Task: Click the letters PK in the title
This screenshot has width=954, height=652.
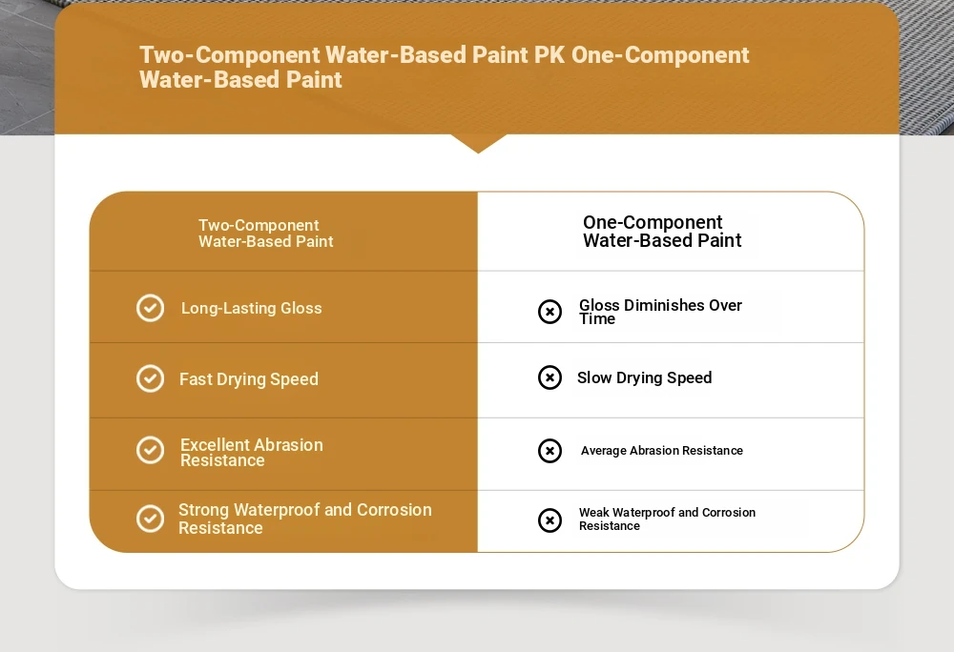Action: [x=550, y=55]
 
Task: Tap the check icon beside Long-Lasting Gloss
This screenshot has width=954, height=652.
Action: [x=150, y=308]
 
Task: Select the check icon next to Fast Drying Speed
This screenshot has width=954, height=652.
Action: [x=150, y=378]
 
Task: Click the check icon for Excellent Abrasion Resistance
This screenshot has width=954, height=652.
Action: [x=150, y=450]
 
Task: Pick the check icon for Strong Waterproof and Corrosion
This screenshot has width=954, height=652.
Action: [x=150, y=519]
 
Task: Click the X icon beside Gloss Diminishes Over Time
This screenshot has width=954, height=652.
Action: [x=550, y=312]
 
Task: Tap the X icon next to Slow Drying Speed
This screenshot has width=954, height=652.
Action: [x=550, y=377]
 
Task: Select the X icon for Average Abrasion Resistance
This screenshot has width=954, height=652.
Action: [x=550, y=451]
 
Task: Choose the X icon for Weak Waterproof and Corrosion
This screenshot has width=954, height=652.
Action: [x=550, y=520]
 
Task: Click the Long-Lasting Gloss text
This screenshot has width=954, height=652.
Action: [x=251, y=309]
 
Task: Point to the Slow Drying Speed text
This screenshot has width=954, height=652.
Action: [x=644, y=378]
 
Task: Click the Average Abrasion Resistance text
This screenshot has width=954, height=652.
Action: [x=662, y=451]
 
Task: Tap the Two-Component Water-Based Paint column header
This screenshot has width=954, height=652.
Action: [x=266, y=234]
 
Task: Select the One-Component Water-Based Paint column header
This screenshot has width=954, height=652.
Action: [x=662, y=232]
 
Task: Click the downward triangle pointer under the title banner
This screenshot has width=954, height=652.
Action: [x=478, y=143]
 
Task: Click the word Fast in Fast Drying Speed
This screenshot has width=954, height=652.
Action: [x=196, y=379]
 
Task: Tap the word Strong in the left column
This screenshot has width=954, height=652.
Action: [x=203, y=510]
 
